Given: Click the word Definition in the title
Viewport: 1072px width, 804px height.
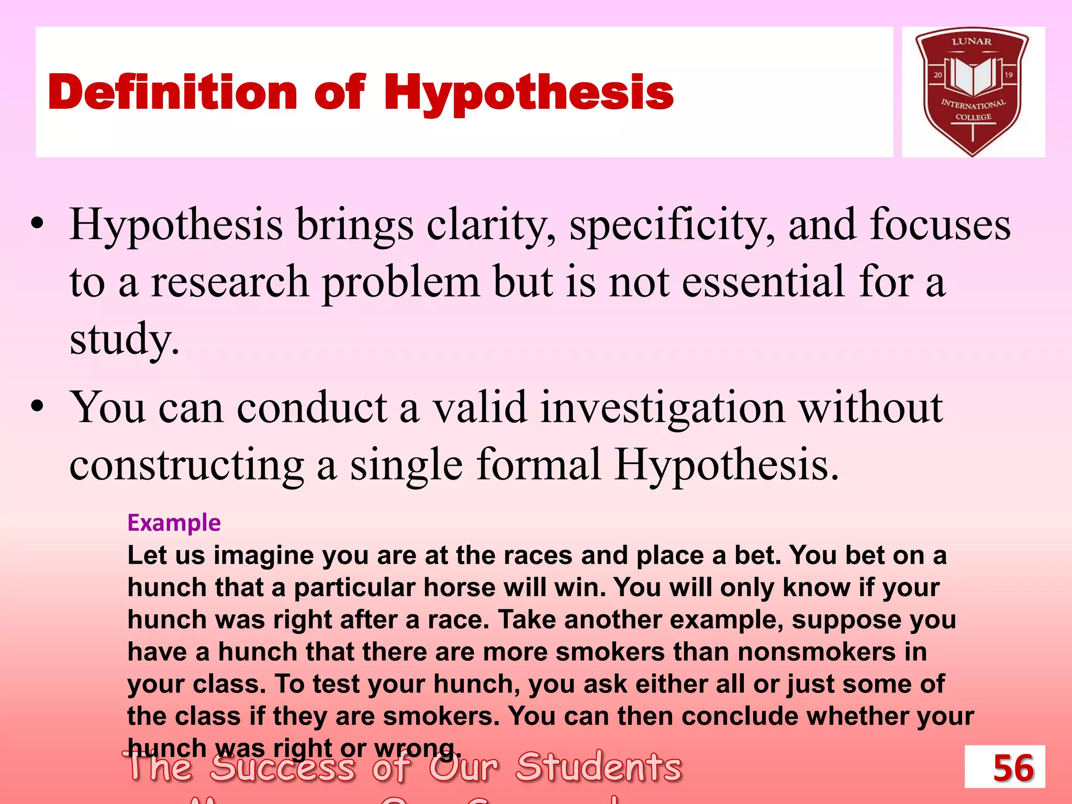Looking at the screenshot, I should [173, 92].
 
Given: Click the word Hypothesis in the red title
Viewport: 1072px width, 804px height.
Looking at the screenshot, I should [529, 93].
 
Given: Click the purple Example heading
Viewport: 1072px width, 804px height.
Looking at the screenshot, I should [174, 522].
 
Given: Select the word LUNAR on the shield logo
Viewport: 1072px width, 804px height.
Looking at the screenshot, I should [971, 41].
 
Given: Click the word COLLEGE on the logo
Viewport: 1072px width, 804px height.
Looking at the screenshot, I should [973, 117].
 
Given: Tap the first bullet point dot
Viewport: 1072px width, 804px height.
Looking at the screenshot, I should [37, 224].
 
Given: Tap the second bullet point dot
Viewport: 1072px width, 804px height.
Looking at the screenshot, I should [37, 406].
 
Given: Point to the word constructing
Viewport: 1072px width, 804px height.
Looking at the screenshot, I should [186, 465].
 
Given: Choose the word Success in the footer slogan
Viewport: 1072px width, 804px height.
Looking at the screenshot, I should [283, 767].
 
